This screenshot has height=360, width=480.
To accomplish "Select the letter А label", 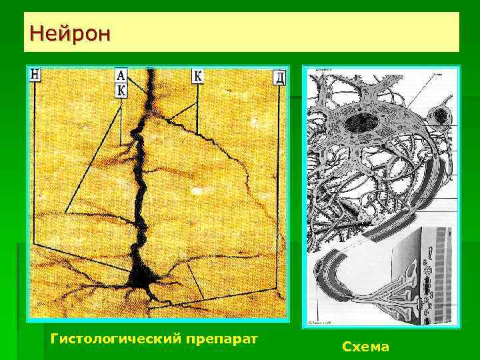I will coord(121,75).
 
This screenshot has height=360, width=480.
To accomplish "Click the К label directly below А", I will coord(121,90).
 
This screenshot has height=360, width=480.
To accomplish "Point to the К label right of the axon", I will coord(198,75).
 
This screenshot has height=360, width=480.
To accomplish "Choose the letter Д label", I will coord(279,77).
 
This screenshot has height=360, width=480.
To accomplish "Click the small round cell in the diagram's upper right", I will coord(440,117).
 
